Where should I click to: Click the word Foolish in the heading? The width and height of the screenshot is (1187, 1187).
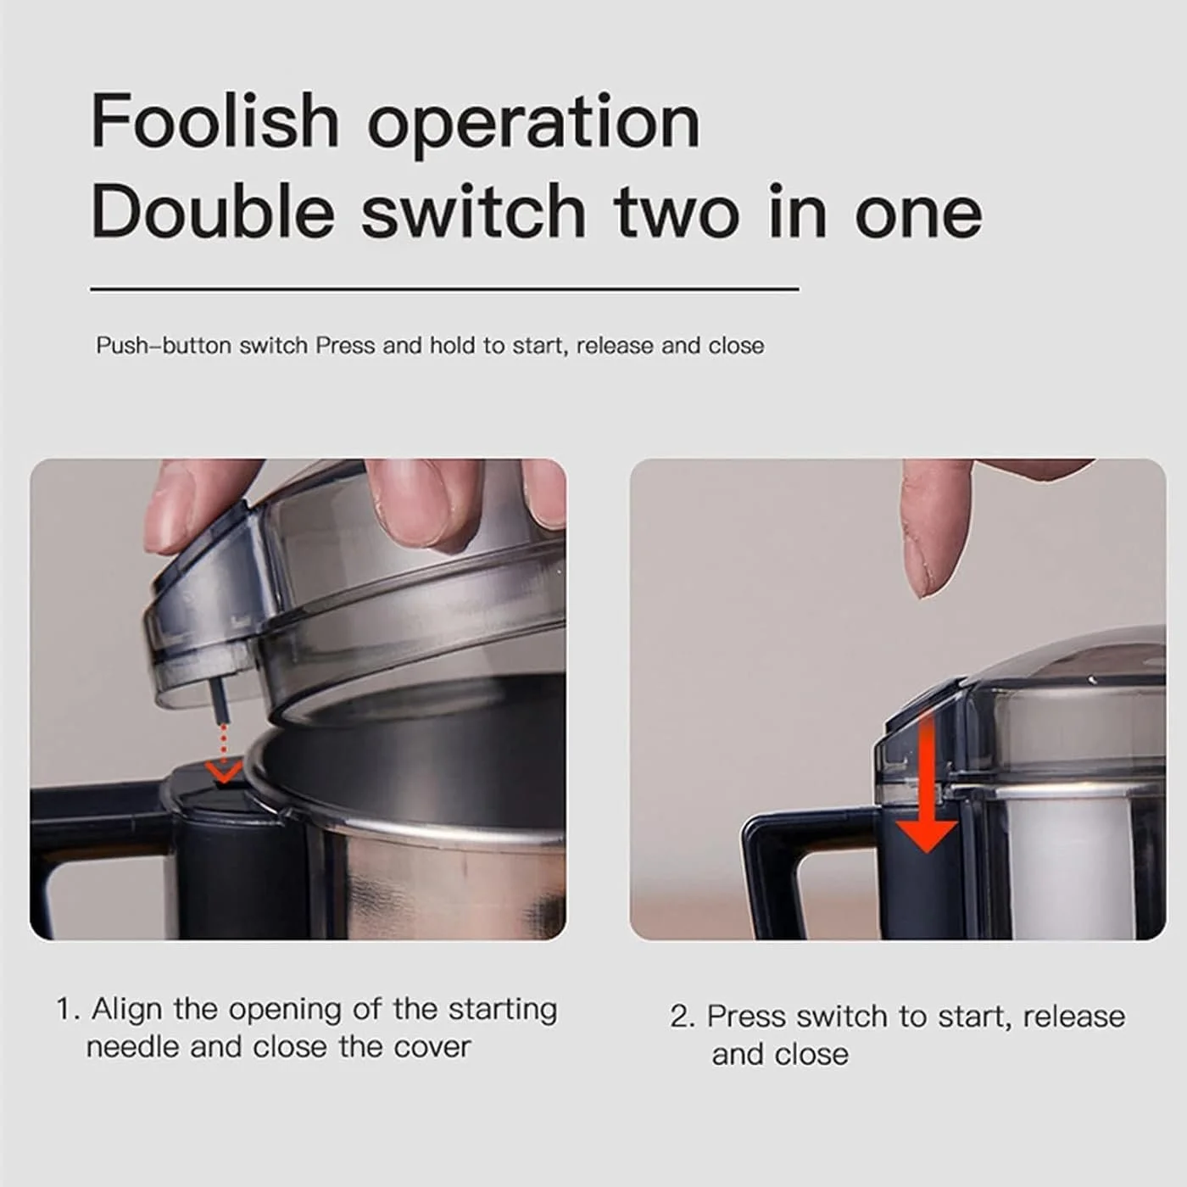point(215,120)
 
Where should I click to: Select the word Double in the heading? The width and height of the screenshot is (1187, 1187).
point(213,211)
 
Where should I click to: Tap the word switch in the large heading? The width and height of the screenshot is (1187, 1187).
point(473,211)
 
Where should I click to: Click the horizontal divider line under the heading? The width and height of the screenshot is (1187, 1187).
point(445,288)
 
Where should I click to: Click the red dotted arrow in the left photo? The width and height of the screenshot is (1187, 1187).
point(224,753)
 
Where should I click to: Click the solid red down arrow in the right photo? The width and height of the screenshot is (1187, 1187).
point(927,780)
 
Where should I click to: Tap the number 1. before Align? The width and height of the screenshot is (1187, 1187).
point(69,1011)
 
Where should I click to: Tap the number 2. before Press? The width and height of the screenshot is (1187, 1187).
point(683,1017)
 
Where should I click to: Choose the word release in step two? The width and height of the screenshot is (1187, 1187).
point(1073,1017)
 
